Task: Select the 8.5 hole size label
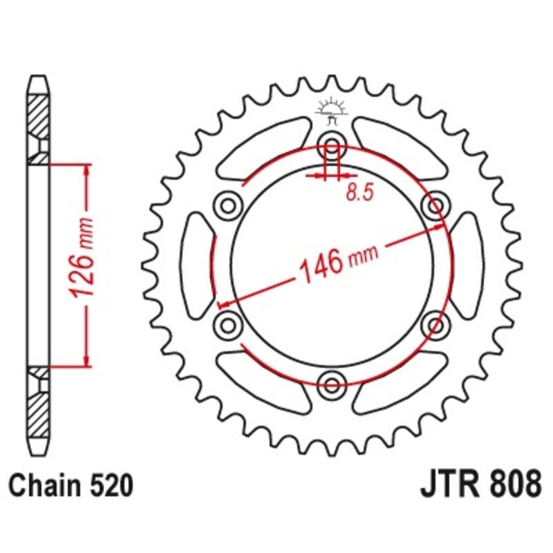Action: pyautogui.click(x=359, y=194)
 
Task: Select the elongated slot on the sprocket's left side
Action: pyautogui.click(x=197, y=264)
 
